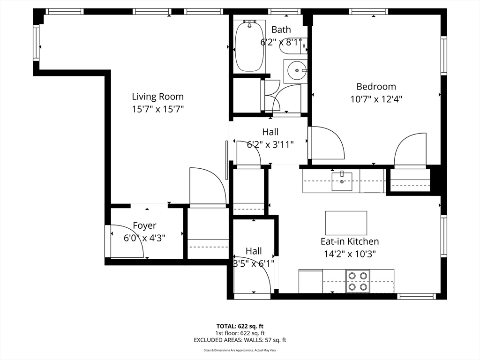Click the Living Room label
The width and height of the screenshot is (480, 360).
tap(157, 97)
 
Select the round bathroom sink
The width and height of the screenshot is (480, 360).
tap(296, 71)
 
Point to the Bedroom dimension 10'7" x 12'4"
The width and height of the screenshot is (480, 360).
tap(376, 99)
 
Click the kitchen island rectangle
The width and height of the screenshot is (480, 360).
tap(346, 223)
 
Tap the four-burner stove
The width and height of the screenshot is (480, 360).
tap(358, 281)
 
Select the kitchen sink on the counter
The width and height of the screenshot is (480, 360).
tap(342, 181)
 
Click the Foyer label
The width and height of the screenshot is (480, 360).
tap(144, 225)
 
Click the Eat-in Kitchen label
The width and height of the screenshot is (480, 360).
tap(350, 241)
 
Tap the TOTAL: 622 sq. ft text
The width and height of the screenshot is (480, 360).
tap(240, 326)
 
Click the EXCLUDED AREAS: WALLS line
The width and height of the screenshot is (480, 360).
tap(240, 340)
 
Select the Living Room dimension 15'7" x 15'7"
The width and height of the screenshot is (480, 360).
tap(157, 109)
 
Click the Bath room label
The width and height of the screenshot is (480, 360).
tap(281, 30)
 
